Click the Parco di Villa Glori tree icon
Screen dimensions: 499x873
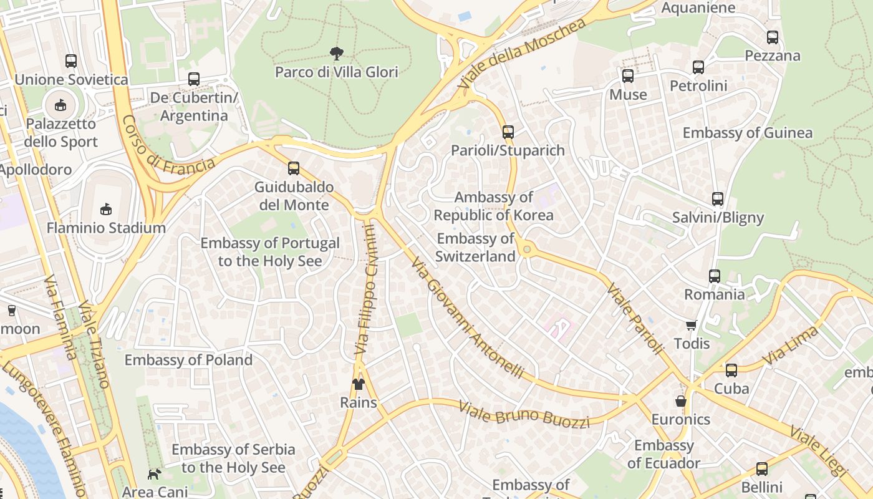click(x=337, y=53)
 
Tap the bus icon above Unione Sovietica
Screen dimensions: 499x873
click(x=71, y=61)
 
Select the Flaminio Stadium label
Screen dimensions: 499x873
click(x=106, y=228)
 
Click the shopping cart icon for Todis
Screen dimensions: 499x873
click(x=691, y=325)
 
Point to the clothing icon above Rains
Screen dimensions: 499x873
click(x=359, y=384)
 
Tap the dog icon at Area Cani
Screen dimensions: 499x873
click(x=153, y=474)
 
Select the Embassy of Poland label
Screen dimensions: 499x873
click(x=188, y=360)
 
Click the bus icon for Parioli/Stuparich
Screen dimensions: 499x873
click(x=508, y=132)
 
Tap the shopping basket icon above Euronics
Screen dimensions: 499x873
click(x=681, y=400)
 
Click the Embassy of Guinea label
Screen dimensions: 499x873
click(x=748, y=133)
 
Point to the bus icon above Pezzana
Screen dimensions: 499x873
click(x=773, y=37)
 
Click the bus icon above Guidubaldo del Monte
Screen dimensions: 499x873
click(x=294, y=168)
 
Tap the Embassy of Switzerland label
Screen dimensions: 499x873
click(x=475, y=247)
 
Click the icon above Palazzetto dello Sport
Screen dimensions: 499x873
click(x=60, y=105)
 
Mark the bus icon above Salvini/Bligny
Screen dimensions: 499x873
click(x=718, y=199)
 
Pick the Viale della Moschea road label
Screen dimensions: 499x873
click(x=523, y=53)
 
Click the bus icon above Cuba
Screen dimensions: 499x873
click(x=731, y=371)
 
